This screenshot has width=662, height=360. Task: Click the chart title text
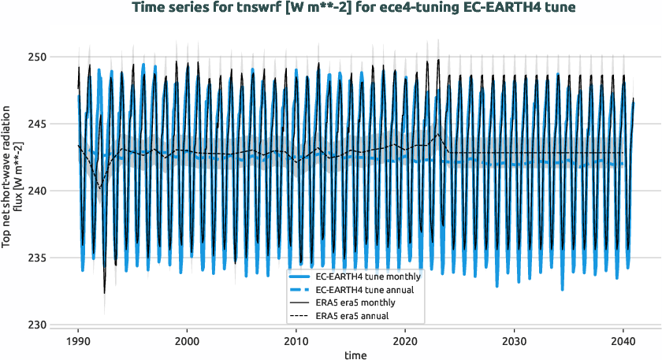point(354,8)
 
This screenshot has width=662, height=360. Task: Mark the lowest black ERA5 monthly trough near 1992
point(104,293)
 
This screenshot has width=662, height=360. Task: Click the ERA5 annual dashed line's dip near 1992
point(99,187)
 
